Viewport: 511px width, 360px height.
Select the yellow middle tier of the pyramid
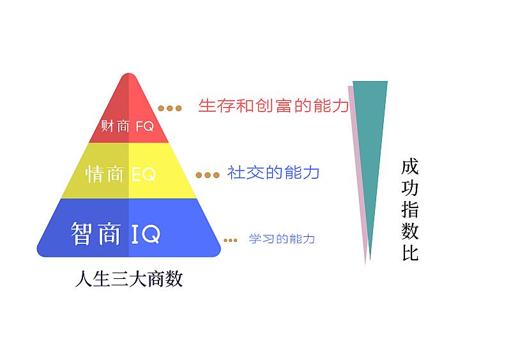(x=129, y=170)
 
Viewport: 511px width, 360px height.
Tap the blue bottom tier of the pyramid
(x=129, y=227)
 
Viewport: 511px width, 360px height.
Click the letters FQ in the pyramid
(x=144, y=126)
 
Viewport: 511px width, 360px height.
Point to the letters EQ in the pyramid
(x=143, y=174)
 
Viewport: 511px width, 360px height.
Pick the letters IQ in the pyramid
(x=146, y=233)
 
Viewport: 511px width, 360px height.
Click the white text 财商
(x=115, y=126)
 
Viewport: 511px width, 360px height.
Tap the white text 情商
(x=104, y=174)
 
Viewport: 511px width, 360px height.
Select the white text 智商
(x=96, y=233)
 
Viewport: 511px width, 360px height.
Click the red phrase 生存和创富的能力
(x=273, y=105)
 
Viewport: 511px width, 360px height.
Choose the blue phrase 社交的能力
(x=273, y=172)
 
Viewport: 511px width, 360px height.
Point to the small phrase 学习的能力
(x=282, y=239)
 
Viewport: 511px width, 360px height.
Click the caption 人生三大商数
(x=129, y=279)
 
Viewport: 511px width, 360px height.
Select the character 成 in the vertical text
(x=409, y=167)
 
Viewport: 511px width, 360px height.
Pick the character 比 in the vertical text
(x=410, y=253)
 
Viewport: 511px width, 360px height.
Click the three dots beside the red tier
(x=169, y=108)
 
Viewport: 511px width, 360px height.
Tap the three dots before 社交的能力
(x=208, y=176)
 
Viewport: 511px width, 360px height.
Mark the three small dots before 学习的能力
(x=231, y=241)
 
